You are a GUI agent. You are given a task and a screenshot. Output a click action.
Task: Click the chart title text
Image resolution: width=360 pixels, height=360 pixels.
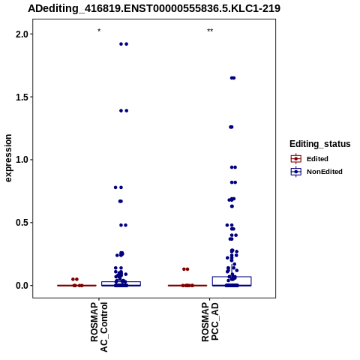coord(154,9)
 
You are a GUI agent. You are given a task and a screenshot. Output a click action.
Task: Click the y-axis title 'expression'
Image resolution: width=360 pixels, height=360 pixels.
coord(8,158)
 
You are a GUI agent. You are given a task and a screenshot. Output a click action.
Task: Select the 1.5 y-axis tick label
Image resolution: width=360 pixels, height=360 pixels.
coord(22,97)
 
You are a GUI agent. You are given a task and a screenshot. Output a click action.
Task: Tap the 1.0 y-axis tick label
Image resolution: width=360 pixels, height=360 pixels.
coord(22,160)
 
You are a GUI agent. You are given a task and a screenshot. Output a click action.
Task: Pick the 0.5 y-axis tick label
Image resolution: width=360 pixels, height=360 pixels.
coord(22,223)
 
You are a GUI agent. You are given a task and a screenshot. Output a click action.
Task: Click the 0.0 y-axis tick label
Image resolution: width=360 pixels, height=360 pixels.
coord(22,285)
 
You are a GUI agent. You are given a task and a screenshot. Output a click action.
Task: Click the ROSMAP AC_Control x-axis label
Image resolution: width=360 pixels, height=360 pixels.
coord(99,327)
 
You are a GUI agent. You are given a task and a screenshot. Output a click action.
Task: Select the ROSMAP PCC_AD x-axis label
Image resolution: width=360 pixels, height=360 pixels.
coord(210,322)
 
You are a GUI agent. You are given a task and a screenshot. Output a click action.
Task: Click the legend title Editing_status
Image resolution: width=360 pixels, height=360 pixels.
coord(320,144)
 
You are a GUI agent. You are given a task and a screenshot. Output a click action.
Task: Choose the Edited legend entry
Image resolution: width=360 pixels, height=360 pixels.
coord(310,159)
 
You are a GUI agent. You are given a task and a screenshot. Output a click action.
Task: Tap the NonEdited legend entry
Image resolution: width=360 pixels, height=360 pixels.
coord(316,172)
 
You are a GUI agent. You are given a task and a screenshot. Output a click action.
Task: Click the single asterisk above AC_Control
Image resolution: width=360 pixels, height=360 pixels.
coord(99,31)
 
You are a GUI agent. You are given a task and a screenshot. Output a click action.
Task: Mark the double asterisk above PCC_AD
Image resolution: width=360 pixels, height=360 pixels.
coord(210,31)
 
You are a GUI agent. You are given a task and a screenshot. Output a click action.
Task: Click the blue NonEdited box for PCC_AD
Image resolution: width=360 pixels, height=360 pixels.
coord(232,281)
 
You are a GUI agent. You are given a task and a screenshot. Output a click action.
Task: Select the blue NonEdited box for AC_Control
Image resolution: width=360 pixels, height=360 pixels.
coord(121,283)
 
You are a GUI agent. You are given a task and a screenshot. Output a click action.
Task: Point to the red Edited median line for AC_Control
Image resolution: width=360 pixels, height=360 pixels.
coord(76,285)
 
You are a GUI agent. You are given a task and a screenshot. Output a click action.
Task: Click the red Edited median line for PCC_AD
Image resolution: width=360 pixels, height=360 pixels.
coord(187,285)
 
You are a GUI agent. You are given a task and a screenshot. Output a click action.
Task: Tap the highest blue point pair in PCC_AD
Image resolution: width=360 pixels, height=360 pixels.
coord(232,78)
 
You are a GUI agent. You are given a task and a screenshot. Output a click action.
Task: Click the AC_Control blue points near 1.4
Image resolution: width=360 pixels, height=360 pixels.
coord(124,111)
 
